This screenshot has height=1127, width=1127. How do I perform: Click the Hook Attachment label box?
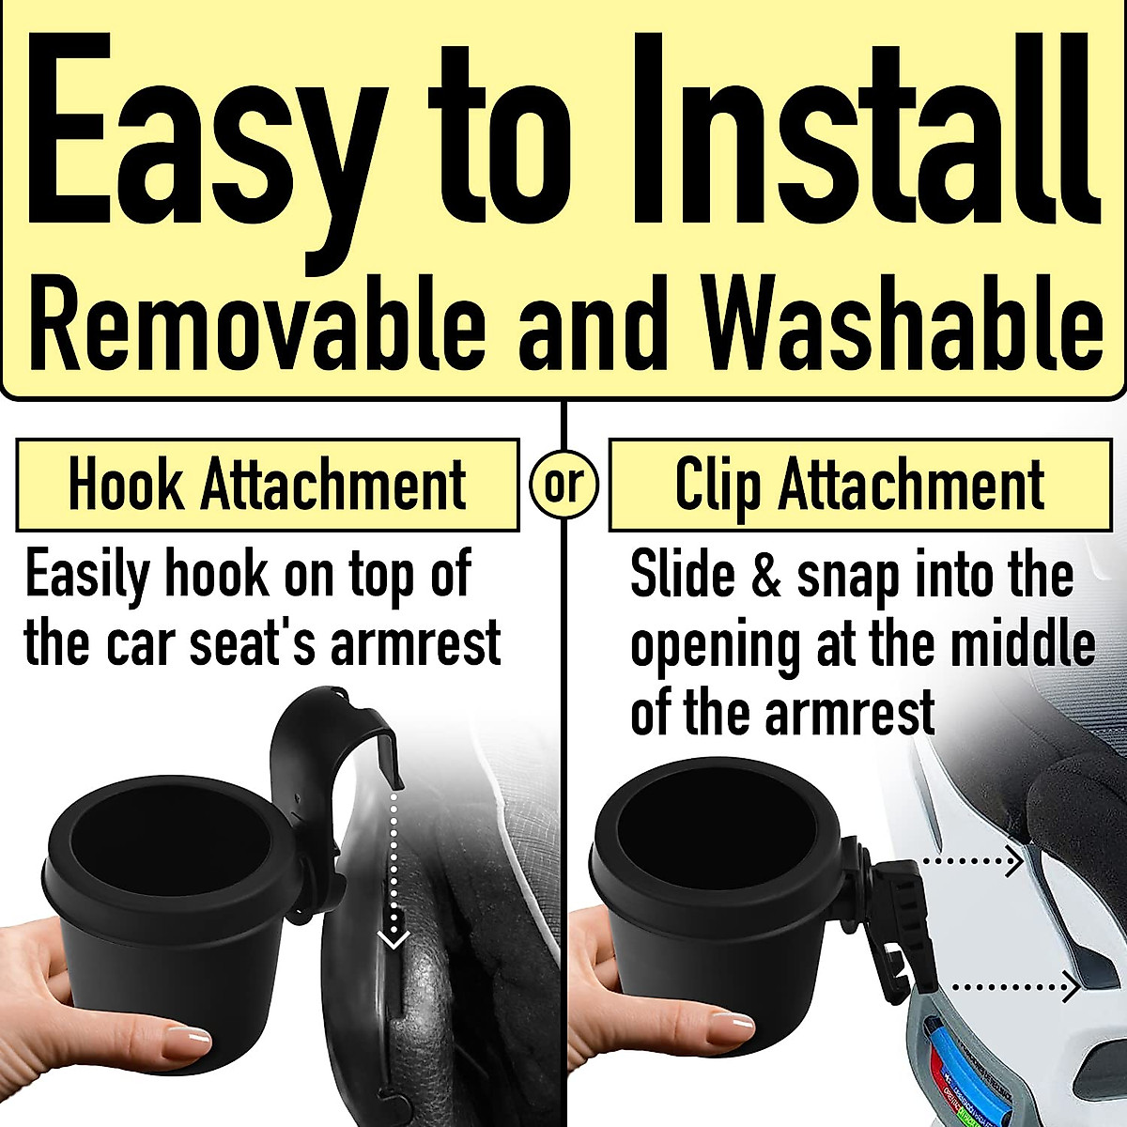pos(268,485)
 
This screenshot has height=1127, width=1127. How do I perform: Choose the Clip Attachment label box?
pos(859,485)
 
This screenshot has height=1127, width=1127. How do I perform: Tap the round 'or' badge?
pos(563,486)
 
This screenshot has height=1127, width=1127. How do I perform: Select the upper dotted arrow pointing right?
pos(972,859)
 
